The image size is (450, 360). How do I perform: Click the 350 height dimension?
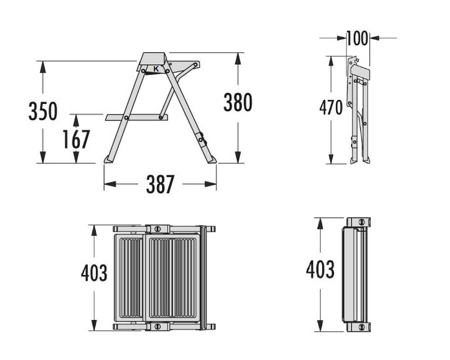coord(43,111)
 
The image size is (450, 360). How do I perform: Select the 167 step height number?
coord(76,139)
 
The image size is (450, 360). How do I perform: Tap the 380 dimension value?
coord(238,103)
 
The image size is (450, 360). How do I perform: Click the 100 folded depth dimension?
coord(358,39)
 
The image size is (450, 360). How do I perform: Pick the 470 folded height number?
coord(331,108)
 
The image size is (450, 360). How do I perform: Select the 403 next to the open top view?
coord(94,273)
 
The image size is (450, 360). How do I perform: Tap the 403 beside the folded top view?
coord(320,270)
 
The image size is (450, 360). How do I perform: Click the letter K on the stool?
coord(156,69)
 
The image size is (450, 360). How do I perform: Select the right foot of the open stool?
coord(211,159)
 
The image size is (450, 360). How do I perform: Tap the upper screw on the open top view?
coord(157,229)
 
